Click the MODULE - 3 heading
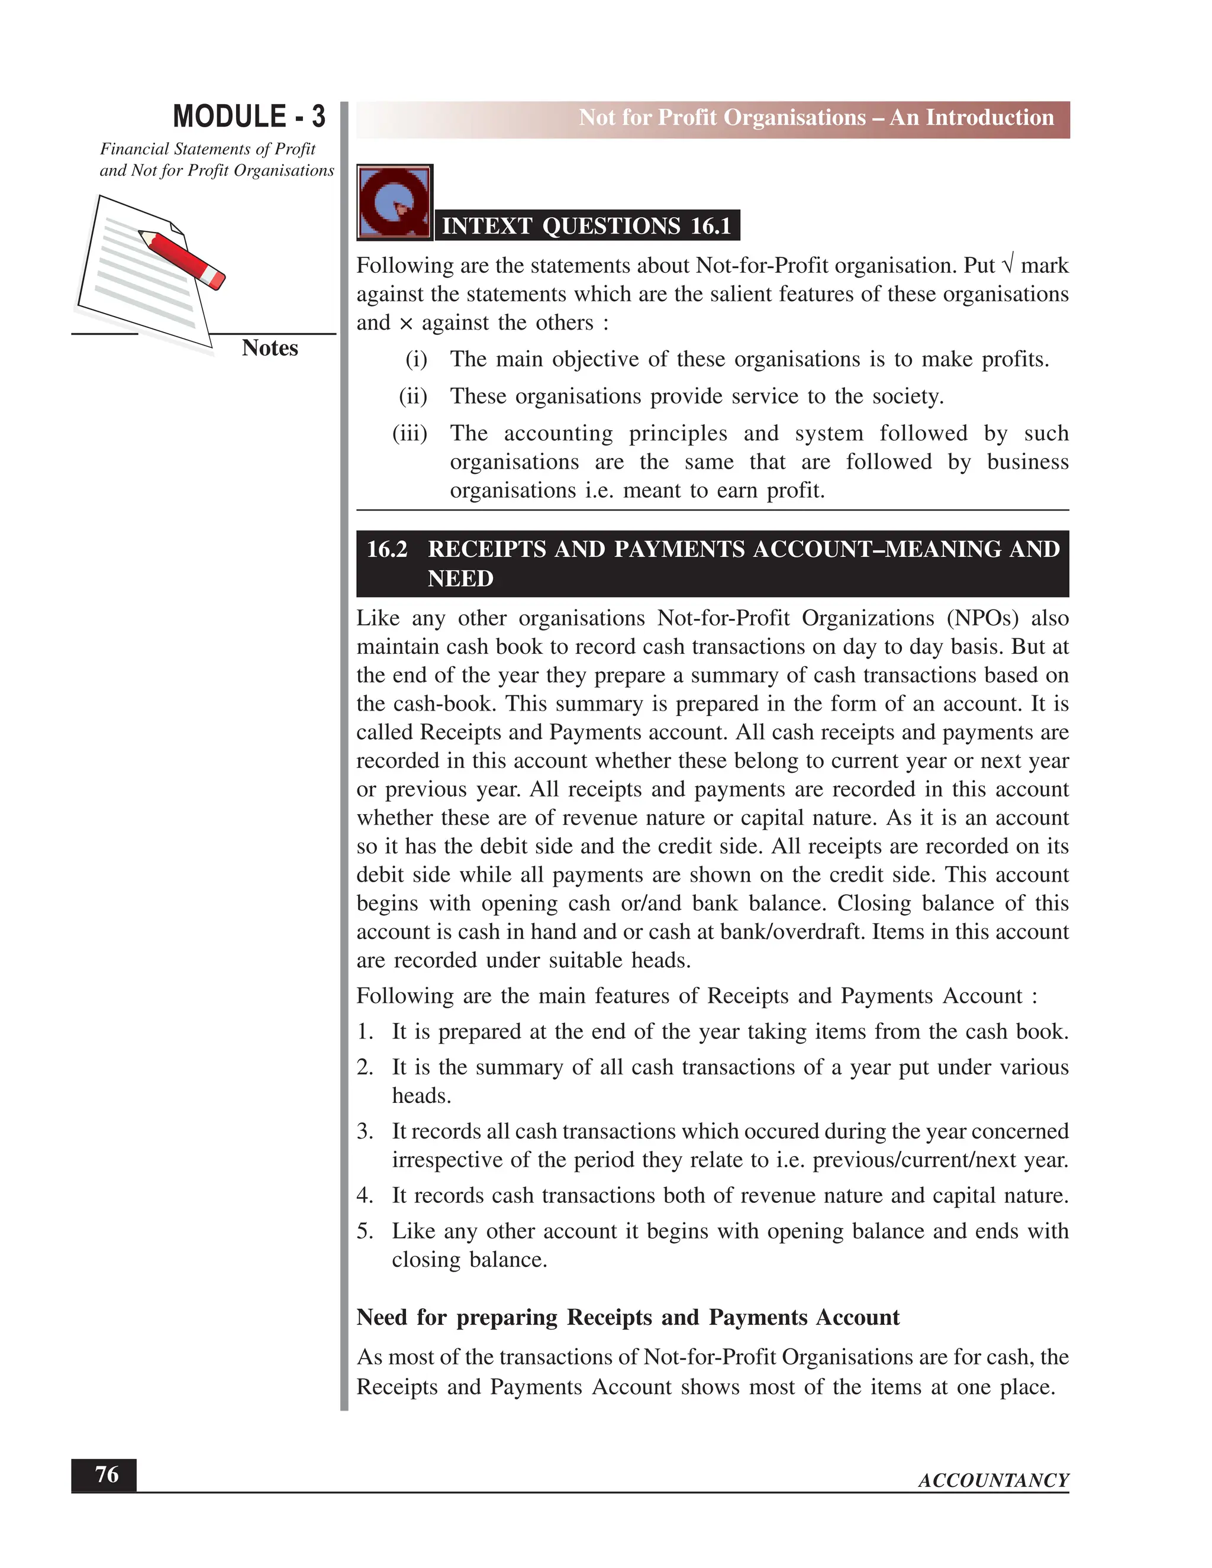click(x=249, y=117)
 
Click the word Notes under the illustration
click(x=269, y=347)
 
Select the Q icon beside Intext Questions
click(x=394, y=202)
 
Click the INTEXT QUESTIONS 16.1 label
click(x=586, y=225)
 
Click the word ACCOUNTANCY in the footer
click(x=993, y=1480)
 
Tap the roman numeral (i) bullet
click(x=417, y=359)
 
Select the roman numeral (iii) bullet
click(x=410, y=433)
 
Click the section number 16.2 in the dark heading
click(x=387, y=549)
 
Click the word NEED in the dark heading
click(x=460, y=579)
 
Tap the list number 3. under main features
click(x=365, y=1131)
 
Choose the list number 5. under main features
click(x=365, y=1231)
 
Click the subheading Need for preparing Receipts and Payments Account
click(x=627, y=1318)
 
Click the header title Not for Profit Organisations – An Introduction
click(x=815, y=118)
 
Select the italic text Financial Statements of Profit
click(x=208, y=149)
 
